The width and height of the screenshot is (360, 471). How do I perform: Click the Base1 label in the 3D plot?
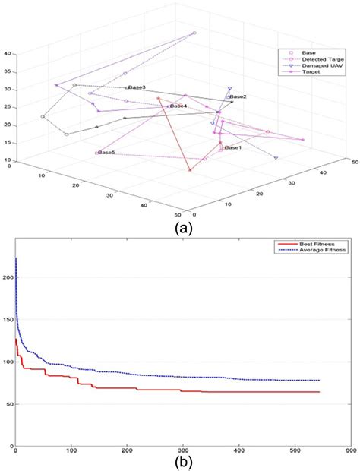[x=232, y=147]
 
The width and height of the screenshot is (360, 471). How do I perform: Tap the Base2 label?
[x=238, y=96]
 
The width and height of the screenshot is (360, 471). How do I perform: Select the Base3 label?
[x=137, y=87]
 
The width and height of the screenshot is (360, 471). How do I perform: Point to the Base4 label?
[x=178, y=106]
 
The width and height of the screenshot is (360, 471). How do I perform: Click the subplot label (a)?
[x=183, y=227]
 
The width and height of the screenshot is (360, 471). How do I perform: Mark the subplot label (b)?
[x=182, y=463]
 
